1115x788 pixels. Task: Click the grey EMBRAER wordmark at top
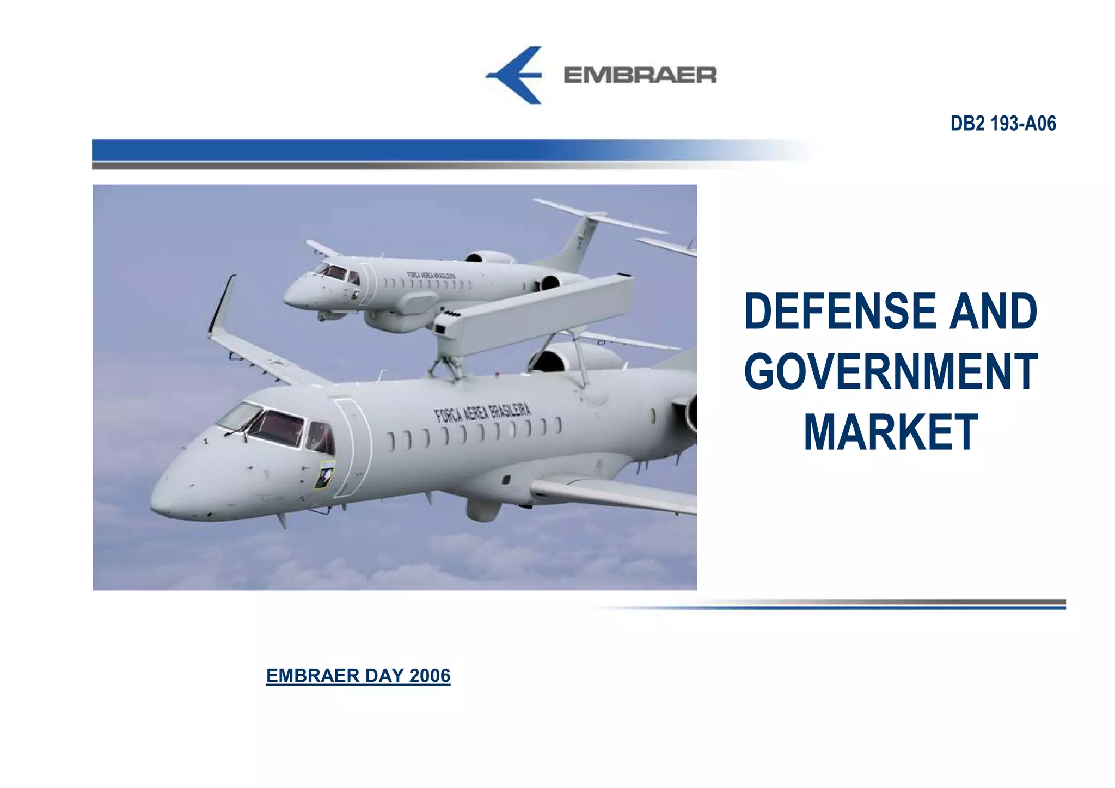[640, 75]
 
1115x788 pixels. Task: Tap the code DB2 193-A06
[1003, 124]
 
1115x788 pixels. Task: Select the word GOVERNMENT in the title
[891, 372]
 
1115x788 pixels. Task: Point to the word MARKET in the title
[891, 433]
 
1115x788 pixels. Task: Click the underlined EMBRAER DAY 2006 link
[358, 675]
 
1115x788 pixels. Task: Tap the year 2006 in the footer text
[430, 675]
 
